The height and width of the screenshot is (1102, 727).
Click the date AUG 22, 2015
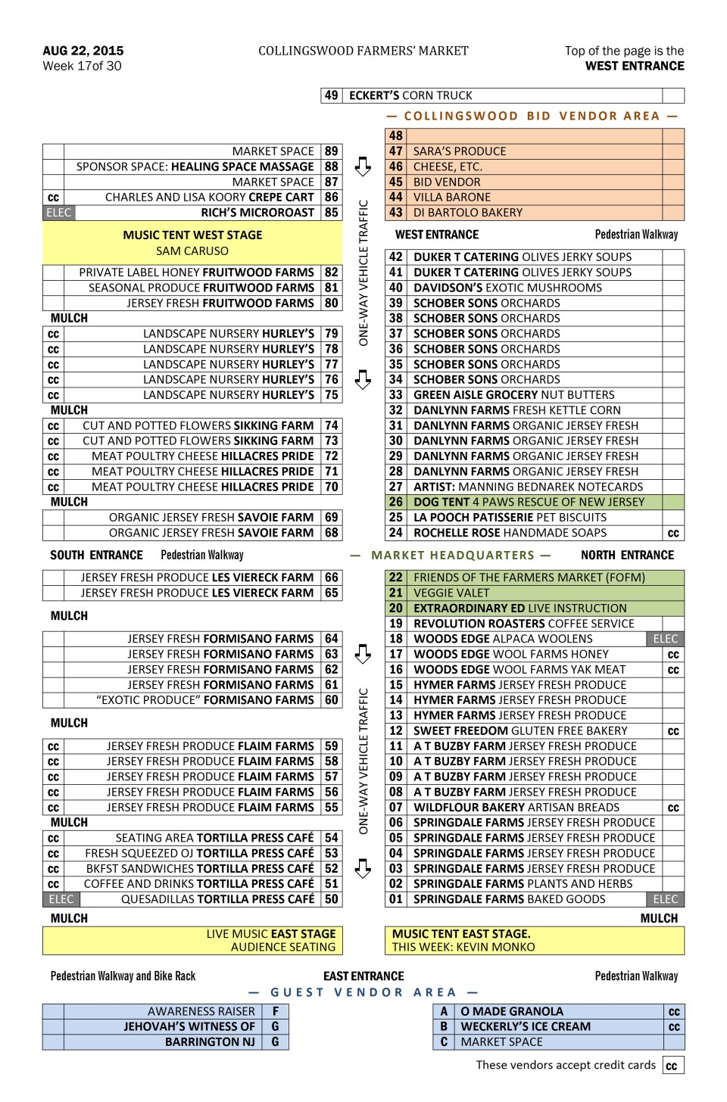[83, 51]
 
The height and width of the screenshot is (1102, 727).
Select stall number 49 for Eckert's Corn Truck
[331, 95]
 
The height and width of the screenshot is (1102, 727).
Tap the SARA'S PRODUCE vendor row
[459, 151]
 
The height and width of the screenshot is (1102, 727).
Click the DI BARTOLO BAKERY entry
[467, 213]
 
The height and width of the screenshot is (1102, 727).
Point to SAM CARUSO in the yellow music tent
[192, 251]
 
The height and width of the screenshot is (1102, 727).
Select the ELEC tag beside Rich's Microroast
[58, 213]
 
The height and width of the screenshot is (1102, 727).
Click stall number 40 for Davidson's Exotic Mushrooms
[396, 288]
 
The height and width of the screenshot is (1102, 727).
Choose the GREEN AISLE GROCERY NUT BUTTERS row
[513, 395]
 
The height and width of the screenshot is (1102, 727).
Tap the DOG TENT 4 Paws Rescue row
[529, 502]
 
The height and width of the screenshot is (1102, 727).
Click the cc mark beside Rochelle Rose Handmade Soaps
[673, 534]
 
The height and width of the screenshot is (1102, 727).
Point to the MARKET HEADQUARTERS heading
[453, 556]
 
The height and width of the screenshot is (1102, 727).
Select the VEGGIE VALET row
[451, 593]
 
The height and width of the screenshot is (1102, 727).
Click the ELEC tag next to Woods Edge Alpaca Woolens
[666, 639]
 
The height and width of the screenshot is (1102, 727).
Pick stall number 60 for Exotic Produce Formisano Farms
[332, 700]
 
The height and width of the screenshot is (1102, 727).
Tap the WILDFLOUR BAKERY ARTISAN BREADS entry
[516, 808]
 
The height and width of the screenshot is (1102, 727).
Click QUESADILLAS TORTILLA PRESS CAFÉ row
[217, 899]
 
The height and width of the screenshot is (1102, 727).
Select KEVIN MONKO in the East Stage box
[497, 947]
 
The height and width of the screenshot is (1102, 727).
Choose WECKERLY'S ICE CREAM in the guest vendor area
[526, 1027]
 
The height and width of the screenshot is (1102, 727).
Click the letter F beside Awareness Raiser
[276, 1011]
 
